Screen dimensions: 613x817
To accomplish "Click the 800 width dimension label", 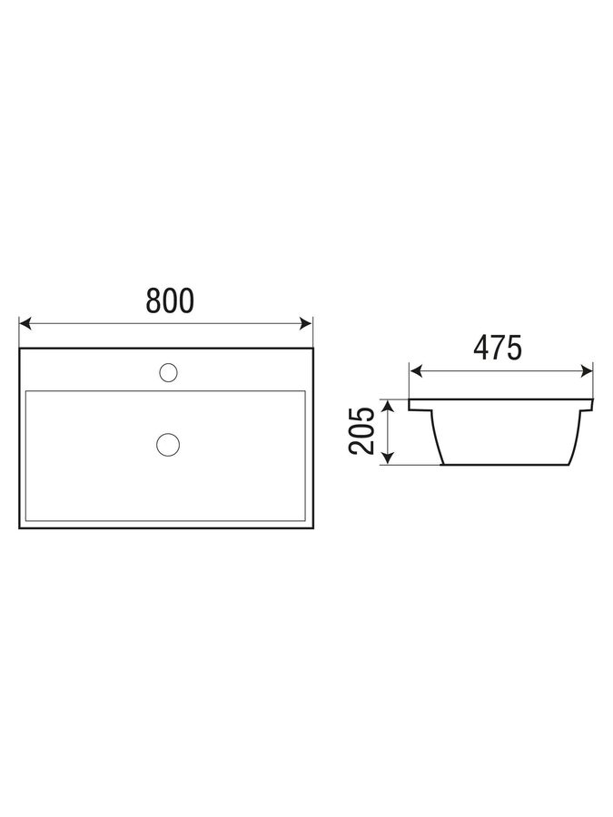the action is tap(170, 300).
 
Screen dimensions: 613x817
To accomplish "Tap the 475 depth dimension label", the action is tap(498, 348).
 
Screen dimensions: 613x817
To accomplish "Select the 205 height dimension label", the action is tap(361, 431).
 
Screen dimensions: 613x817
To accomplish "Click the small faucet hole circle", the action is tap(168, 372).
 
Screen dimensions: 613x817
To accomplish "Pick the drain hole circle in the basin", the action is tap(168, 445).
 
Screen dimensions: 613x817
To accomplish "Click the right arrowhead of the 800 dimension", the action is tap(306, 323).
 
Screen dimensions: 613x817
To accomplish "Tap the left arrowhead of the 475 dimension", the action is tap(415, 371).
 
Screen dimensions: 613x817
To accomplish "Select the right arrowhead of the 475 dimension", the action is tap(587, 371).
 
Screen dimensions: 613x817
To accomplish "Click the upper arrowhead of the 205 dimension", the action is tap(387, 407).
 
